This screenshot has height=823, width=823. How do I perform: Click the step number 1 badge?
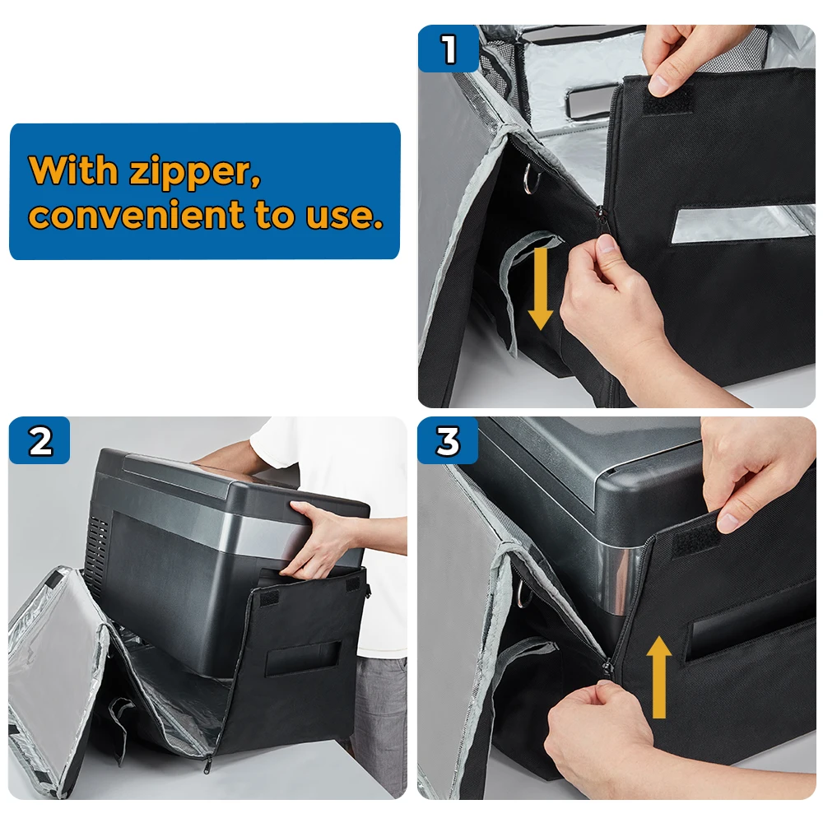(x=449, y=49)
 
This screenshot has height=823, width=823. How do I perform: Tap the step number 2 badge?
(x=40, y=440)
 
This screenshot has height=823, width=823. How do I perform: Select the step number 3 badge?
(x=448, y=440)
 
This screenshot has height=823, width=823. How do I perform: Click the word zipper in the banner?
(x=195, y=171)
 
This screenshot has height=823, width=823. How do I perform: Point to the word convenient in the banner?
(x=137, y=214)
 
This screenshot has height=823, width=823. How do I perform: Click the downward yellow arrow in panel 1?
(x=540, y=289)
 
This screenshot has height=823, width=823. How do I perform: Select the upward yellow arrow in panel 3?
(x=658, y=677)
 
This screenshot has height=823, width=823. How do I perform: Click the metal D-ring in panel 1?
(x=531, y=178)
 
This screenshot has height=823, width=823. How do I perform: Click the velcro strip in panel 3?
(x=697, y=542)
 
